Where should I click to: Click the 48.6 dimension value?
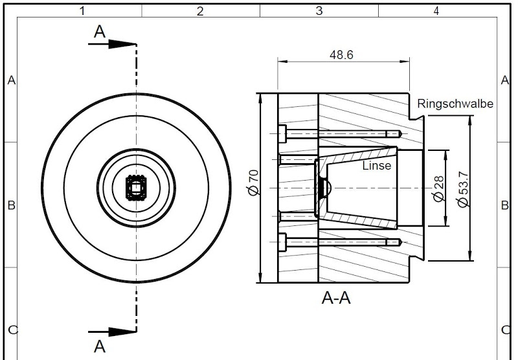click(341, 55)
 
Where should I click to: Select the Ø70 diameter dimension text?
click(253, 184)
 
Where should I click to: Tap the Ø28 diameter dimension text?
click(438, 188)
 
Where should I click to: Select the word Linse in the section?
click(377, 166)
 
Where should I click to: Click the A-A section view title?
click(337, 298)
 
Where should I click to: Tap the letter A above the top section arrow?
click(99, 32)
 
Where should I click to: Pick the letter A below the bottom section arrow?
click(99, 346)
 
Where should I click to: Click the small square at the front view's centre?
click(136, 188)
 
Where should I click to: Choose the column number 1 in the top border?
click(82, 11)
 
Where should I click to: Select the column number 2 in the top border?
click(200, 11)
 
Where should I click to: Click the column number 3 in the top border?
click(319, 11)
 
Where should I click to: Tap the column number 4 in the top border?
click(436, 11)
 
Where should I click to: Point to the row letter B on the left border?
click(11, 206)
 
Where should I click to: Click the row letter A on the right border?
click(505, 80)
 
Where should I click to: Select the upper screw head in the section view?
click(282, 134)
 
